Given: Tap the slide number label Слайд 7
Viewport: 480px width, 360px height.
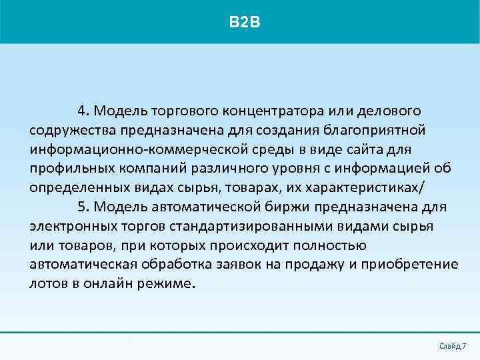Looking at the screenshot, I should [x=453, y=346].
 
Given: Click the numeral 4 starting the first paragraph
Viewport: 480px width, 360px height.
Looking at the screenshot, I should [x=81, y=109].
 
